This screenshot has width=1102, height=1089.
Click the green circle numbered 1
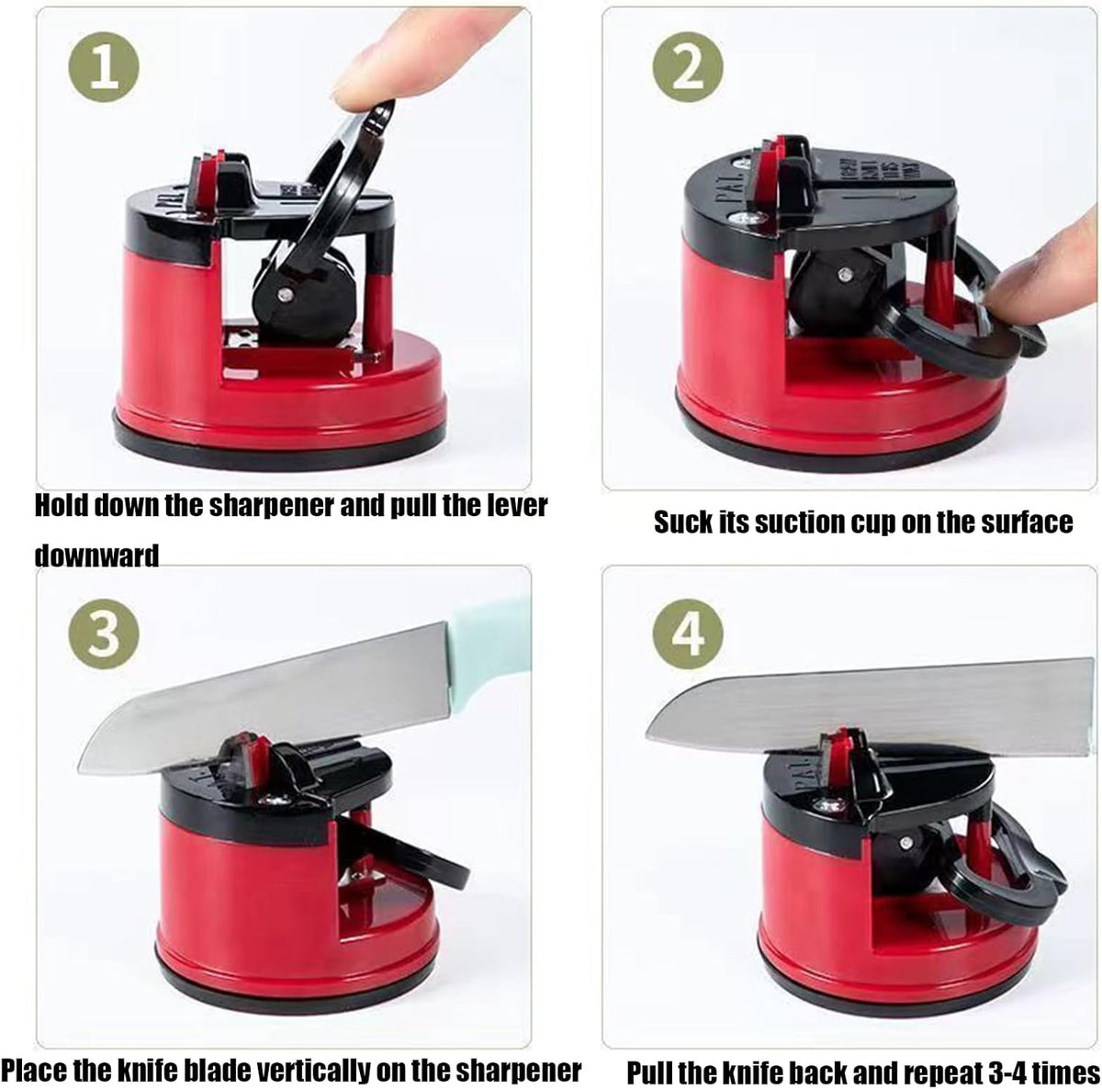tap(104, 67)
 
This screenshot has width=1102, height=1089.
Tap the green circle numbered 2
tap(688, 67)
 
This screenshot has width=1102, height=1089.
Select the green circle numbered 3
tap(104, 634)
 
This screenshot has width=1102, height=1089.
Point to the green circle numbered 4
tap(688, 634)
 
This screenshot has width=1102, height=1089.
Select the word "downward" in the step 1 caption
tap(96, 556)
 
